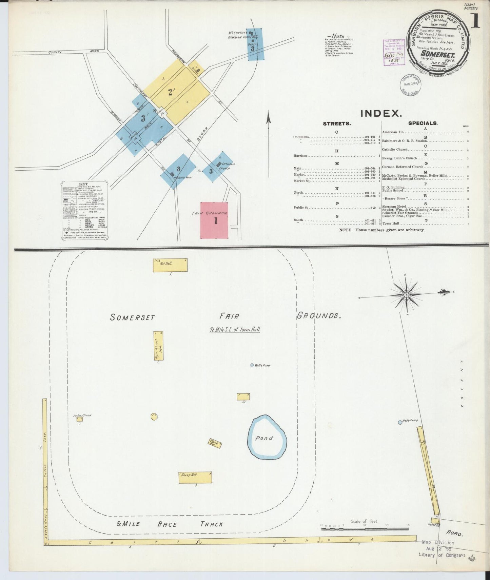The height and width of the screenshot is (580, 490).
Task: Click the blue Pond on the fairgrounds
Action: point(267,437)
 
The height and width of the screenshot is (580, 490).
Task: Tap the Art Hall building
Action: point(170,265)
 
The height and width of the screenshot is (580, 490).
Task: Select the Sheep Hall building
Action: point(195,477)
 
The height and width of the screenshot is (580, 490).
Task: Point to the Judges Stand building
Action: point(79,419)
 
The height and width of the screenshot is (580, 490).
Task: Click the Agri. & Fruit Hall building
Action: point(158,346)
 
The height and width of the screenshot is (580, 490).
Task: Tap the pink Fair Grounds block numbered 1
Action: point(214,220)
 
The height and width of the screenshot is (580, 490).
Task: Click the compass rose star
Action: point(406,295)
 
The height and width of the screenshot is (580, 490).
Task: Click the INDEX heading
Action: point(381,113)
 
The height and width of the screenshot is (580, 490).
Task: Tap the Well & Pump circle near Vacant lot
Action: point(400,422)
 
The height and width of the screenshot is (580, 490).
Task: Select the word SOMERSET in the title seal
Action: point(437,54)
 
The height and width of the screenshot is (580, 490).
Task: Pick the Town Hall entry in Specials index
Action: point(391,224)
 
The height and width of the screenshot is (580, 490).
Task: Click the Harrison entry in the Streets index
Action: point(300,156)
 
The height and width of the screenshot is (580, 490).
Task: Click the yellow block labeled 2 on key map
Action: point(171,92)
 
